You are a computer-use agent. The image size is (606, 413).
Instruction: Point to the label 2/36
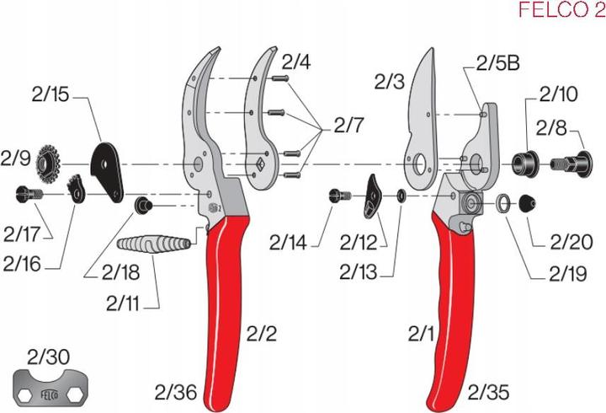(x=174, y=391)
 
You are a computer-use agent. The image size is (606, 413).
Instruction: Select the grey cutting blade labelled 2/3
(x=419, y=126)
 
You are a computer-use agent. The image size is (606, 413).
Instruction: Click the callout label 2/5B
(x=497, y=63)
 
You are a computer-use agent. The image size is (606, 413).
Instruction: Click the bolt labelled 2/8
(x=571, y=160)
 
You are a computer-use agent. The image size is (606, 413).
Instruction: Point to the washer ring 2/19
(x=502, y=203)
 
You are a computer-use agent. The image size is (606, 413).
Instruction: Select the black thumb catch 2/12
(x=373, y=195)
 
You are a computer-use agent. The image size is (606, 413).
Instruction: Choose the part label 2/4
(x=295, y=62)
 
